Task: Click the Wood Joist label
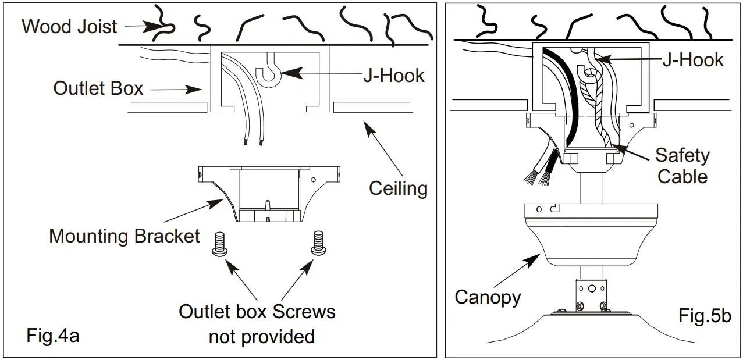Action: pos(69,27)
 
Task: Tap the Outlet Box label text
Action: pos(98,88)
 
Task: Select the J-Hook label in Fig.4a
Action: pos(394,76)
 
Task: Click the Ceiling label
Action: pos(398,188)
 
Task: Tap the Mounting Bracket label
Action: pos(124,236)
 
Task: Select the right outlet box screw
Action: pos(318,243)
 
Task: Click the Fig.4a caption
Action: pos(53,336)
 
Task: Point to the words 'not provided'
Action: pos(262,337)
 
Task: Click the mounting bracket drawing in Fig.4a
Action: pos(269,194)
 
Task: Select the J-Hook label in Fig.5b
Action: pos(693,60)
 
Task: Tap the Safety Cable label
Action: pos(682,166)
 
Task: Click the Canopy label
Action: pos(488,297)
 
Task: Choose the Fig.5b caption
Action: pos(705,316)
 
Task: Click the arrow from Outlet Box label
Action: pos(176,90)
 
